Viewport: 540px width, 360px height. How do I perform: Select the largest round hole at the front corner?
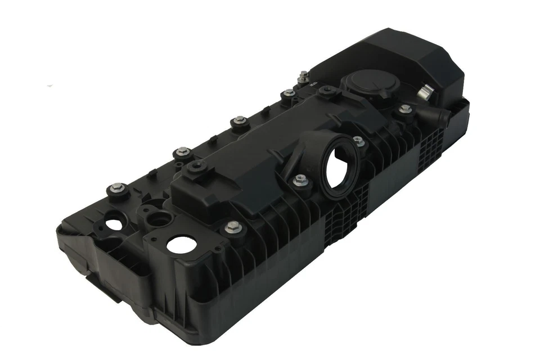[179, 244]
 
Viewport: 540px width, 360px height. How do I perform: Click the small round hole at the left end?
[114, 223]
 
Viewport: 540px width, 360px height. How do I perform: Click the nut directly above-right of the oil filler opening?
[358, 141]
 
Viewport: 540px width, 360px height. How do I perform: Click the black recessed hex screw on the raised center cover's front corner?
[197, 166]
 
